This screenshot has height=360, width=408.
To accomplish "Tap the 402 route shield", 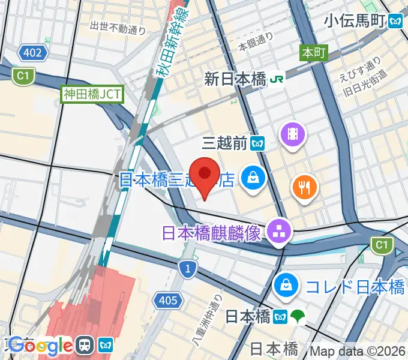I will tap(32, 53).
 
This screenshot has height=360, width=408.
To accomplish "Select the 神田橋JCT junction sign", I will tap(92, 94).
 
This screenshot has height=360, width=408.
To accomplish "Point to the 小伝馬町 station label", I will tap(354, 21).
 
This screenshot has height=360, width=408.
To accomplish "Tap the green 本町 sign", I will tap(313, 53).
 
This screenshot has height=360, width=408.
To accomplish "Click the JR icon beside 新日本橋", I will tap(277, 77).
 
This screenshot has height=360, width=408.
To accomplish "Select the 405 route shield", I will tap(166, 299).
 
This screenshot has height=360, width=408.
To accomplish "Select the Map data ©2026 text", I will tap(358, 350).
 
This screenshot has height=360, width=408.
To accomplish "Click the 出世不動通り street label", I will tap(118, 27).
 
